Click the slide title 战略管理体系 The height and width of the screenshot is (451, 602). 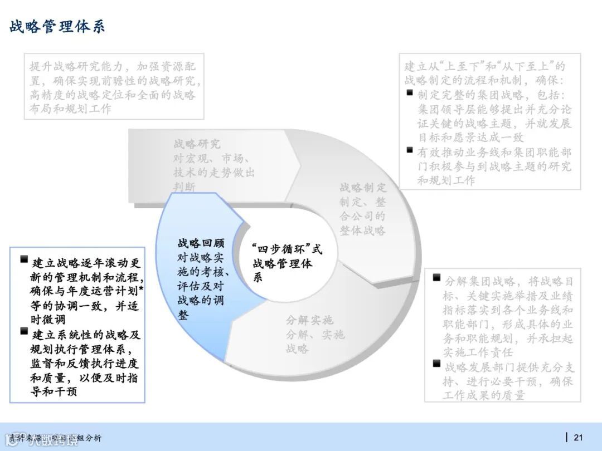57,27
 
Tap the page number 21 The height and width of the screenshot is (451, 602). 578,437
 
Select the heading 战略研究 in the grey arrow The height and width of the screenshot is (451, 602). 197,144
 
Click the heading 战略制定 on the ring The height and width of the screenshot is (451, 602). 363,187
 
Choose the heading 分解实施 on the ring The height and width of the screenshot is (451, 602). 309,320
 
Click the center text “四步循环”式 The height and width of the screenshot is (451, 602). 287,249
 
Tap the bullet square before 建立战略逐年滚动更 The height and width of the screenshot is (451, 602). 24,259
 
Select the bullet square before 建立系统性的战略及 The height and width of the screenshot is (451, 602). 24,332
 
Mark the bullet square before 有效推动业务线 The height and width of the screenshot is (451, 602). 410,150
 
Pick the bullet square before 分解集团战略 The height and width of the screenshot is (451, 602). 436,278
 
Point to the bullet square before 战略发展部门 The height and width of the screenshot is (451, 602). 436,364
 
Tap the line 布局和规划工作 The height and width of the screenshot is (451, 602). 70,109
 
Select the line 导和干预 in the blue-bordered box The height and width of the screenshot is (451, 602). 54,391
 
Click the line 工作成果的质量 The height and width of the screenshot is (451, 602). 484,395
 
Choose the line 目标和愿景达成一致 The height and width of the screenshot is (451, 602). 471,138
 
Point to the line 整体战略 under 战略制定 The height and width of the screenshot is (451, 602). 363,230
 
